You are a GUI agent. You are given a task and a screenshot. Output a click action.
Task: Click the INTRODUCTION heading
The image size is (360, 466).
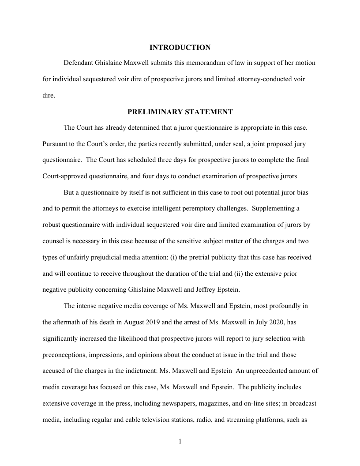[180, 47]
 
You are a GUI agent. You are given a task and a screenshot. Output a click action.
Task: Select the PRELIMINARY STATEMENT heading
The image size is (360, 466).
[180, 112]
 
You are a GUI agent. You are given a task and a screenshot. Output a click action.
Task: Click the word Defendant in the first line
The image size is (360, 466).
[78, 63]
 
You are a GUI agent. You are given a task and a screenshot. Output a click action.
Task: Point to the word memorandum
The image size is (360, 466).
[191, 63]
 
